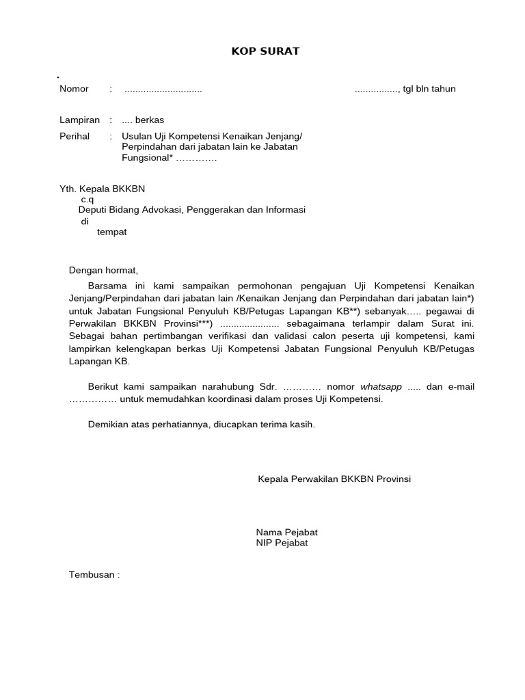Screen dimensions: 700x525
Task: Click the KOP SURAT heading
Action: click(265, 51)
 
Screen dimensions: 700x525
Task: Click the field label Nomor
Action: click(74, 89)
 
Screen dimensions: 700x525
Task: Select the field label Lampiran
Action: click(80, 120)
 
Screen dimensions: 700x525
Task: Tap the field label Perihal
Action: click(75, 136)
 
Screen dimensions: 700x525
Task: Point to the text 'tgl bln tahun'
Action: click(429, 89)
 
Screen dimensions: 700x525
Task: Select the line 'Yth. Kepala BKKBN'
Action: click(103, 189)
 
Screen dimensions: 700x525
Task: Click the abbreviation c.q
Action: click(87, 200)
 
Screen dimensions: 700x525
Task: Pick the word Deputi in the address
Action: click(93, 210)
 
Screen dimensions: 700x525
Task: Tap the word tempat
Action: click(111, 232)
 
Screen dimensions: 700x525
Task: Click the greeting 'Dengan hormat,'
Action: click(103, 270)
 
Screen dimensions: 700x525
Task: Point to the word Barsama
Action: click(107, 285)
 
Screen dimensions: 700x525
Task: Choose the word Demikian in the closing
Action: click(108, 425)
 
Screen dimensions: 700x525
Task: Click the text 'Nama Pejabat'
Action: click(286, 532)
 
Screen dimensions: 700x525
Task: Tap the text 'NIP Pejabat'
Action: click(282, 543)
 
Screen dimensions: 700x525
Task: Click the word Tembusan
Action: click(92, 575)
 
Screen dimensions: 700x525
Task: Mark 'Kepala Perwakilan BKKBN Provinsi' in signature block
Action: click(334, 479)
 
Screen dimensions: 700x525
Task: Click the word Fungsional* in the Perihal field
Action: click(147, 158)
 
